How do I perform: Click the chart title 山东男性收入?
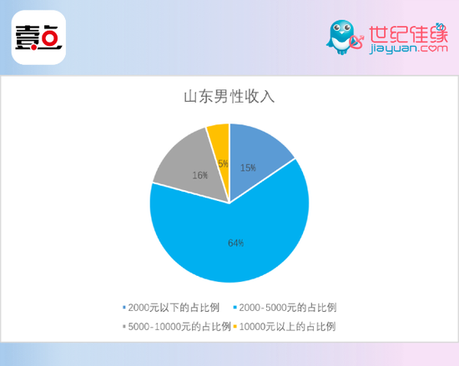pyautogui.click(x=229, y=97)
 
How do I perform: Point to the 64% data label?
pyautogui.click(x=236, y=243)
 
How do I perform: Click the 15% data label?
pyautogui.click(x=248, y=168)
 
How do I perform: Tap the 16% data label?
pyautogui.click(x=200, y=175)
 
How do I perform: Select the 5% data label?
pyautogui.click(x=223, y=163)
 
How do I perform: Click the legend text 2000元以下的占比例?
pyautogui.click(x=174, y=308)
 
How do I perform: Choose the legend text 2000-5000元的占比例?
pyautogui.click(x=288, y=308)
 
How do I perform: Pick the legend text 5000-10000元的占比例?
pyautogui.click(x=179, y=327)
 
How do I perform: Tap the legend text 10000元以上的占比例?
pyautogui.click(x=287, y=327)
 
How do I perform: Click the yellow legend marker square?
pyautogui.click(x=235, y=327)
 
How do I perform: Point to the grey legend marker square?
pyautogui.click(x=124, y=327)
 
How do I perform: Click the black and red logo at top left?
pyautogui.click(x=38, y=38)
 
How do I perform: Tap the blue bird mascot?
pyautogui.click(x=340, y=38)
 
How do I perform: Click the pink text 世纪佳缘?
pyautogui.click(x=408, y=33)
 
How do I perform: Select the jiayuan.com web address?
pyautogui.click(x=408, y=48)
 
